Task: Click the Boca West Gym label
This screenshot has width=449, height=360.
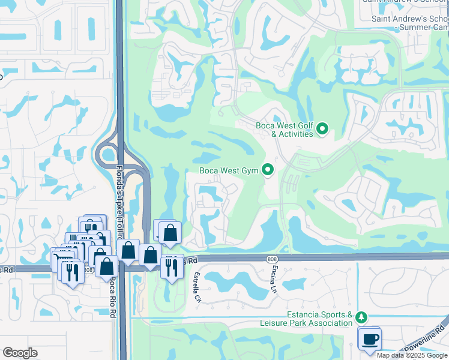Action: (x=229, y=171)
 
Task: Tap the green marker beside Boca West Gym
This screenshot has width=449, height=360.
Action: (x=268, y=171)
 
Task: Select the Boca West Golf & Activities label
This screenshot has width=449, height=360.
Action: (x=285, y=129)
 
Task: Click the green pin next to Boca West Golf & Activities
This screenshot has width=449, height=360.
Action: (x=322, y=128)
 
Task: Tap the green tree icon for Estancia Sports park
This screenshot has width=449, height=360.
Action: (x=361, y=316)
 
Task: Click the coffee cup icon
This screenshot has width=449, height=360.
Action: (x=370, y=339)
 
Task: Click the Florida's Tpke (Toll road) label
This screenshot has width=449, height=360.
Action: (x=119, y=198)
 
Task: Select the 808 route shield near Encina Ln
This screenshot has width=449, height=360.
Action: (x=274, y=257)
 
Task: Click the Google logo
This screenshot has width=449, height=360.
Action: (x=20, y=352)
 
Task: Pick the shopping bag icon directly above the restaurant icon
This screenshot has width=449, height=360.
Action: (x=170, y=233)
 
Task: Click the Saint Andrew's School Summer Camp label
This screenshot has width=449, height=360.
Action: (x=410, y=23)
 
